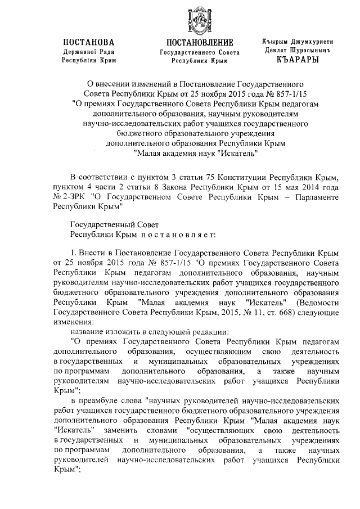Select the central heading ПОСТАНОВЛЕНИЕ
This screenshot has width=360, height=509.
(200, 43)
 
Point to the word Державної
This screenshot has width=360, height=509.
(76, 51)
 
